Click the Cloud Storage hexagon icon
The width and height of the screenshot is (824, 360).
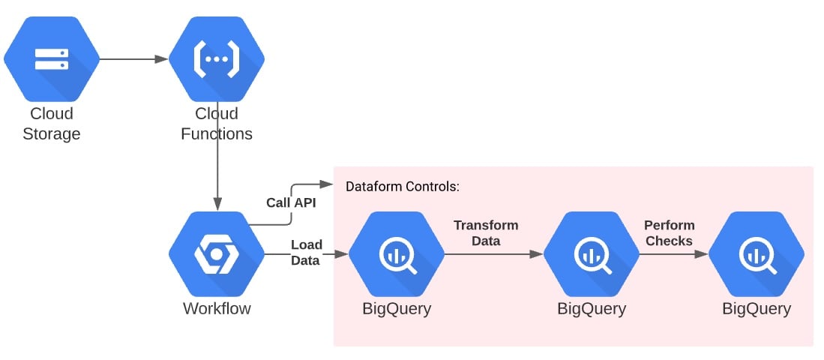coord(51,58)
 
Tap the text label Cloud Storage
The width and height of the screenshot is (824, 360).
coord(51,124)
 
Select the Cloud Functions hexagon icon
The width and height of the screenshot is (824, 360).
coord(217,58)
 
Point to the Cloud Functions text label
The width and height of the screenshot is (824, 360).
coord(217,124)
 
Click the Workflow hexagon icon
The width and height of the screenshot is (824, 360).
coord(217,255)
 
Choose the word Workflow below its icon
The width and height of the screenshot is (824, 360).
coord(217,308)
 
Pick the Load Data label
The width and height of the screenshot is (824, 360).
coord(306,252)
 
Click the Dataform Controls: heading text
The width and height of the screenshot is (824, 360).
coord(402,187)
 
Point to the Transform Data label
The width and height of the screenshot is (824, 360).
coord(485,232)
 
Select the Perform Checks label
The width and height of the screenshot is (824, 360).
coord(670,232)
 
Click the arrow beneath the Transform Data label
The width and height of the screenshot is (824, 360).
coord(493,255)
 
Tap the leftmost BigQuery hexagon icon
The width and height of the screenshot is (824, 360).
coord(397,255)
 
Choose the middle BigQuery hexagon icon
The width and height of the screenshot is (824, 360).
coord(592,255)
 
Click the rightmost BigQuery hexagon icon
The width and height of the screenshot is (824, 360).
coord(757,255)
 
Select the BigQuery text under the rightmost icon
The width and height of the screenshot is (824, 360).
coord(757,308)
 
